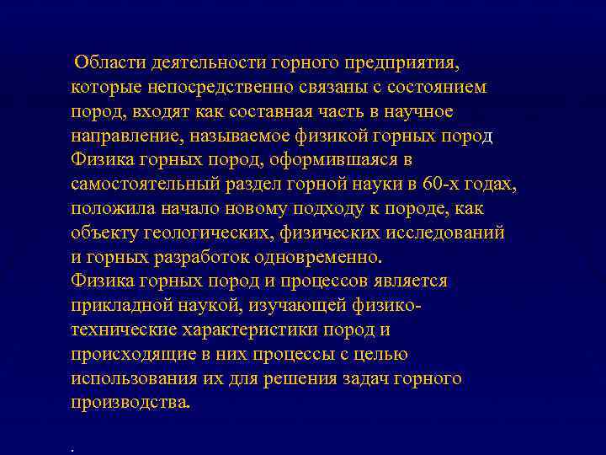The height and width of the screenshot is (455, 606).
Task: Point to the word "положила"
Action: (x=113, y=208)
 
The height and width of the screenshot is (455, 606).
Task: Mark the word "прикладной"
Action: (x=120, y=305)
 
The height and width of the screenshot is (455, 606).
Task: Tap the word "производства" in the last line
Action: (x=130, y=403)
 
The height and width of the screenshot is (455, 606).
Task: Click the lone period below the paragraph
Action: (x=74, y=449)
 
